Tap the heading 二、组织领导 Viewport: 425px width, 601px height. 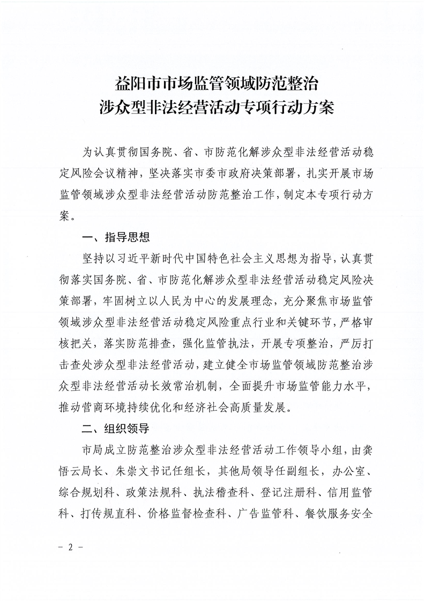click(111, 429)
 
